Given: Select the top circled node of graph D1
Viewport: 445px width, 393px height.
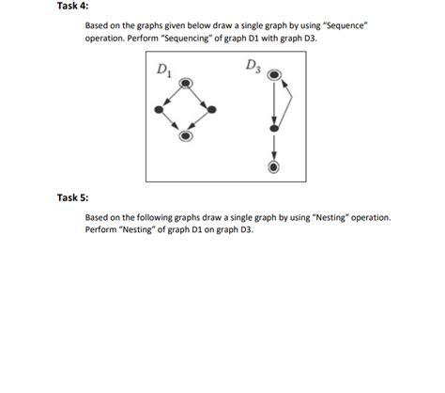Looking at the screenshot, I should coord(186,84).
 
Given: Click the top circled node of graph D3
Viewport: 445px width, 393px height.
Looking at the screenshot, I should coord(273,74).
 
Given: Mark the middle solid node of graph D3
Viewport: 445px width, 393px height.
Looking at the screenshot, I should coord(273,128).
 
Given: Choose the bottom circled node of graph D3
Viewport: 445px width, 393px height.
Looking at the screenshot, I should coord(273,166).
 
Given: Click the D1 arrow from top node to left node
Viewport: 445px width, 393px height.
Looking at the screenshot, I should coord(173,97).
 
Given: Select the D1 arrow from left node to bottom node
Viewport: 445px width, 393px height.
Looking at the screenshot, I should coord(173,124).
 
